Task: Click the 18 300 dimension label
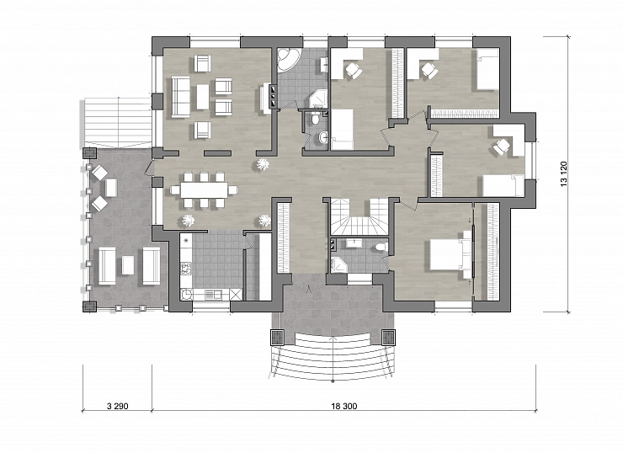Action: coord(344,406)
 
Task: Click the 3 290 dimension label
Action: coord(117,406)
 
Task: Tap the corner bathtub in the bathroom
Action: coord(289,61)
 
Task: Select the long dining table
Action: coord(205,190)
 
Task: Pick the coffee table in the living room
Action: coord(202,97)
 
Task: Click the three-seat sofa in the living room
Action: coord(181,97)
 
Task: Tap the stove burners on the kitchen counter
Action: coord(185,269)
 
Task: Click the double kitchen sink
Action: coord(213,295)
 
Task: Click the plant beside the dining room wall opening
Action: coord(262,164)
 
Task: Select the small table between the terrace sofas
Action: coord(128,265)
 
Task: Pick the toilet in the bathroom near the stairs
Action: coord(381,248)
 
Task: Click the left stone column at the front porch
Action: coord(277,338)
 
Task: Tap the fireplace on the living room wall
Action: coord(274,96)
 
